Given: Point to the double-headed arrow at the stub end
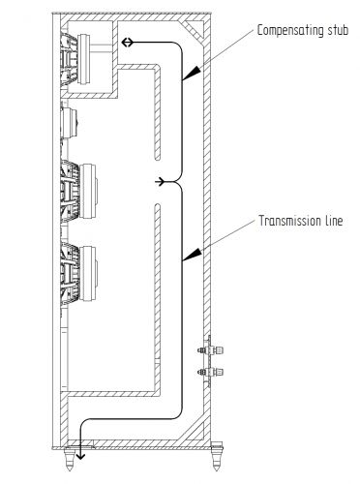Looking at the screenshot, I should click(x=127, y=44).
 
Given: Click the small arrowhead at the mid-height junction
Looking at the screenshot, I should click(x=160, y=181).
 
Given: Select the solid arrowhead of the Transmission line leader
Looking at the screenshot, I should click(x=193, y=255).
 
